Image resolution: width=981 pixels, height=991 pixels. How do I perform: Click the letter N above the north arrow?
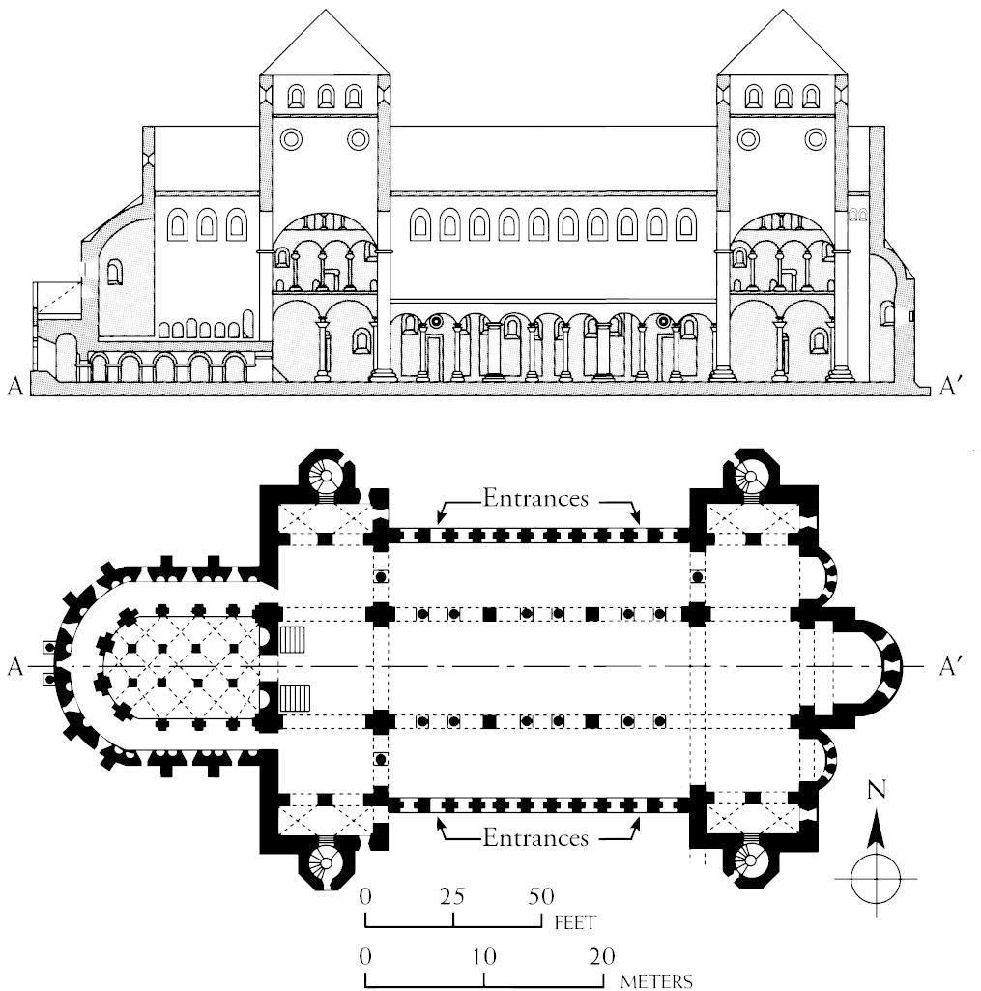coord(877,790)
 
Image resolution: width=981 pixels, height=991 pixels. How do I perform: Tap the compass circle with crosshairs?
coord(876,877)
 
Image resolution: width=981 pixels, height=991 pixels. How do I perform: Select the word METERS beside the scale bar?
coord(656,981)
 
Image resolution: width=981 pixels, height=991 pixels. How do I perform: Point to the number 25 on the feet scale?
coord(451,895)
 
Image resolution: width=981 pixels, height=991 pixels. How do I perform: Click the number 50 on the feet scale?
coord(540,895)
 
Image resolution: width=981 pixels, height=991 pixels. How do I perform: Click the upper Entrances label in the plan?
coord(536,499)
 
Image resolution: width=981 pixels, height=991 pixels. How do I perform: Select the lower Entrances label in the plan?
coord(536,836)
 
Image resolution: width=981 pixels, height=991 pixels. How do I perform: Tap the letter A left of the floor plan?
coord(14,666)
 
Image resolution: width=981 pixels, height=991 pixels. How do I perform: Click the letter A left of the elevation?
coord(15,387)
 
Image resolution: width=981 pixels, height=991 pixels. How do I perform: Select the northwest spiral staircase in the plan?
coord(328,477)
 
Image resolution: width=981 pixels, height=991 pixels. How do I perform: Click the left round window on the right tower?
coord(747,139)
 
